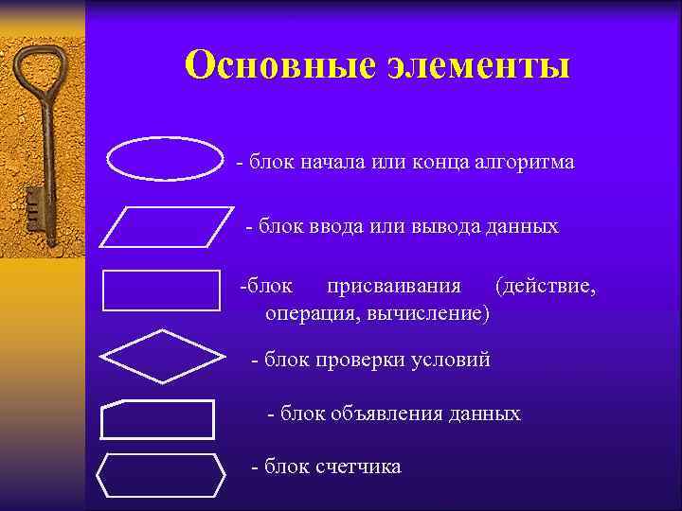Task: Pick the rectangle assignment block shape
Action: coord(161,291)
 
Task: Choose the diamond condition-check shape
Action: coord(162,356)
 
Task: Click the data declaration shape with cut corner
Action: coord(157,419)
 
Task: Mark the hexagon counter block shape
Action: coord(161,476)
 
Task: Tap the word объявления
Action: coord(383,414)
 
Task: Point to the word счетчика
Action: coord(360,467)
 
